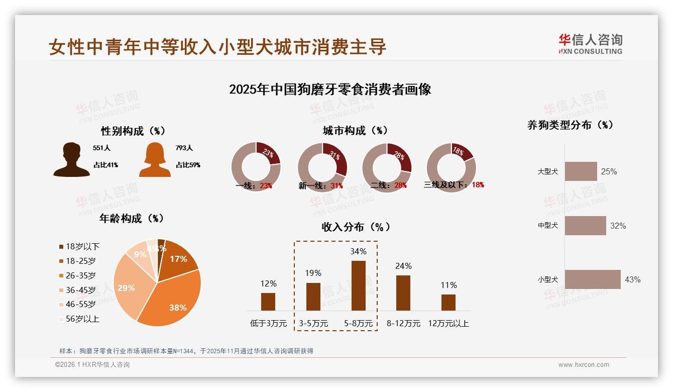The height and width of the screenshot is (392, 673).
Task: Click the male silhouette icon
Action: click(x=72, y=159)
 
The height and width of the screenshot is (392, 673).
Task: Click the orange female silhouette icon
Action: click(x=155, y=159)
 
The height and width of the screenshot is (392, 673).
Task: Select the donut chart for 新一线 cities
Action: click(x=322, y=167)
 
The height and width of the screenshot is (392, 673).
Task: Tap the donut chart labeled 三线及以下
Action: click(x=451, y=167)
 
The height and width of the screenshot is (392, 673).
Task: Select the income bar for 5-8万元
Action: click(x=359, y=285)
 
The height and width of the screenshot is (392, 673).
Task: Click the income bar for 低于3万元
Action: click(x=268, y=302)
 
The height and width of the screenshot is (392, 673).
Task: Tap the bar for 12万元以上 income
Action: click(x=448, y=303)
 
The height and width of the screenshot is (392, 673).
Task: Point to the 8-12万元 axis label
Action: click(x=403, y=323)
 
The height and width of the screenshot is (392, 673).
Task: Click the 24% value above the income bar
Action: click(x=403, y=266)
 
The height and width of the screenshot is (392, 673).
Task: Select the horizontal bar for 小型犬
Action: click(x=593, y=279)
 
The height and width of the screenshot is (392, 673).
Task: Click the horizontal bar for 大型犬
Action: click(x=581, y=171)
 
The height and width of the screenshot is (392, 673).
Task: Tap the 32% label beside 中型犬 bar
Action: click(x=618, y=226)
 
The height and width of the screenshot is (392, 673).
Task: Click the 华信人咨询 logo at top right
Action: click(x=590, y=44)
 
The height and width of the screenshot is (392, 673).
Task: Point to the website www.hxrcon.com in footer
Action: click(x=584, y=365)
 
